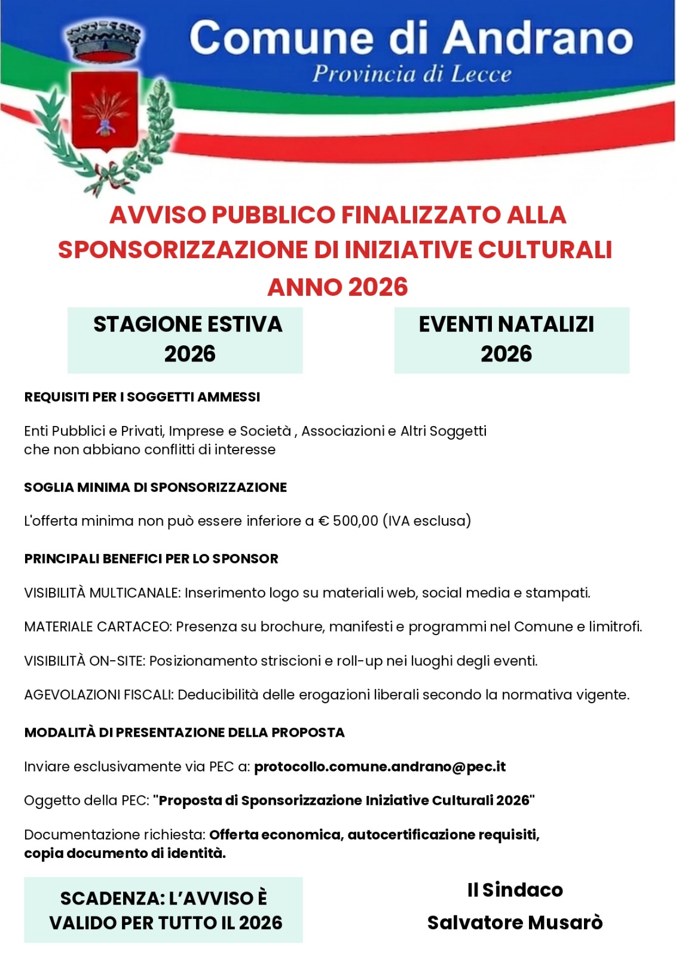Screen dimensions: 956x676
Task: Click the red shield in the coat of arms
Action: [x=105, y=111]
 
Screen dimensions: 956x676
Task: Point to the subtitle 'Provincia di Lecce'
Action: [x=412, y=74]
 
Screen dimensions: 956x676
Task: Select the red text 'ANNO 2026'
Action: [x=338, y=287]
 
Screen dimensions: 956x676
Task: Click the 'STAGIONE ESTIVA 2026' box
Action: [x=185, y=339]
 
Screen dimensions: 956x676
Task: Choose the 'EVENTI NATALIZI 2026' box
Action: [x=512, y=339]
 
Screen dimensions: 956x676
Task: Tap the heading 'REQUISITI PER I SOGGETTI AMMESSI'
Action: [x=142, y=397]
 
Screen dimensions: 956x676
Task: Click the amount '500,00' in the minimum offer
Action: [x=355, y=521]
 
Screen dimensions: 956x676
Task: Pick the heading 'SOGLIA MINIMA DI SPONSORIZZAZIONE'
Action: [x=155, y=488]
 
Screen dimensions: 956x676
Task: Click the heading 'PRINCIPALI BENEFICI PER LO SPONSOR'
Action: [x=151, y=559]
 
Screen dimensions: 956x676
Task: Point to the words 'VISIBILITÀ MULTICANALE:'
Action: [x=102, y=593]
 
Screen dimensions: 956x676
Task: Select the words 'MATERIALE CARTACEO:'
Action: [x=98, y=627]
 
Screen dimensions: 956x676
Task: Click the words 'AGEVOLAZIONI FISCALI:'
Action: [x=99, y=695]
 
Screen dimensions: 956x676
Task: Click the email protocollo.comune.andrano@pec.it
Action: [x=380, y=767]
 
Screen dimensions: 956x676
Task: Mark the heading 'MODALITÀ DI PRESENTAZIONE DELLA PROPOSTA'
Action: [x=184, y=733]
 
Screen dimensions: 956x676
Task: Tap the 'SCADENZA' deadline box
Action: [x=164, y=910]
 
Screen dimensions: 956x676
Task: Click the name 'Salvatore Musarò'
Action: [x=515, y=923]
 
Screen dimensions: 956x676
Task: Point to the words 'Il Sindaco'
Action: [x=515, y=890]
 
